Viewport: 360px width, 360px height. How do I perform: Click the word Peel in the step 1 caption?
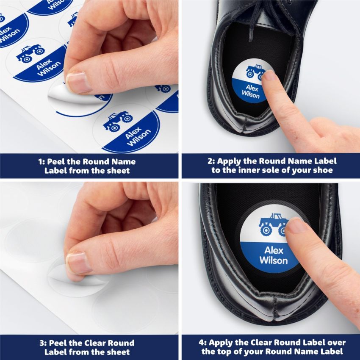(x=57, y=161)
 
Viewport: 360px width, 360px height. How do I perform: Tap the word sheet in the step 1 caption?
(x=120, y=171)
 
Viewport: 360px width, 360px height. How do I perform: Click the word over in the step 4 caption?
(x=337, y=343)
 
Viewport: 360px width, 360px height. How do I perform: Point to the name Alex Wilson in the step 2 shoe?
(x=252, y=92)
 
